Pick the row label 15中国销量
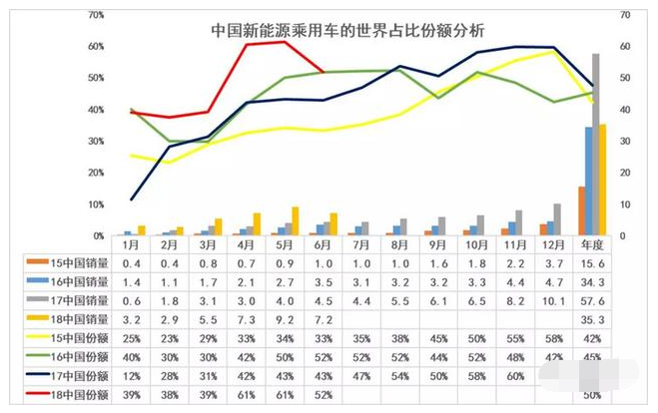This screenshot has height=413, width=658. click(x=75, y=262)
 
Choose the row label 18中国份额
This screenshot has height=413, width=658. click(x=75, y=395)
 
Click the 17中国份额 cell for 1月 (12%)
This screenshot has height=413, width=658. click(x=130, y=376)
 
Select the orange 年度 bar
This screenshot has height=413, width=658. click(x=581, y=210)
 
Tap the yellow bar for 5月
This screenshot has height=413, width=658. click(x=295, y=221)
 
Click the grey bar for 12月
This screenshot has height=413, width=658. click(x=557, y=219)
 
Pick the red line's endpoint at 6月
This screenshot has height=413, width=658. click(x=322, y=72)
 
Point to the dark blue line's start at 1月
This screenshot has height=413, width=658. click(x=131, y=199)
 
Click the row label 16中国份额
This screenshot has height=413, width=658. click(x=75, y=357)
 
